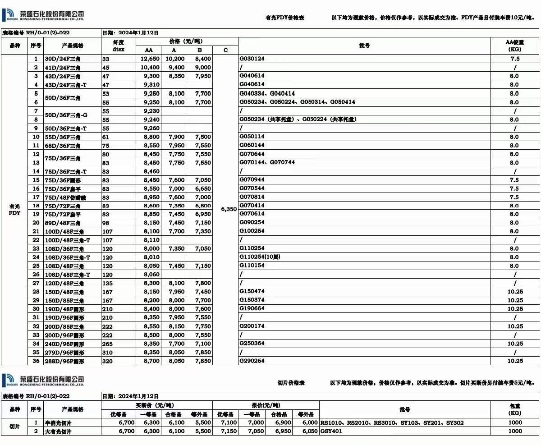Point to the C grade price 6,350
tap(229, 209)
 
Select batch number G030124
tap(252, 59)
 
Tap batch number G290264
tap(252, 361)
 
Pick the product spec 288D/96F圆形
tap(64, 361)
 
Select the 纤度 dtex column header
tap(119, 46)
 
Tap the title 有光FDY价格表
tap(285, 18)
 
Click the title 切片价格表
tap(291, 383)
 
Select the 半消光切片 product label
tap(58, 423)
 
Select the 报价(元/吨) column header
tap(266, 405)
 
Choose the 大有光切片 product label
tap(58, 431)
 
